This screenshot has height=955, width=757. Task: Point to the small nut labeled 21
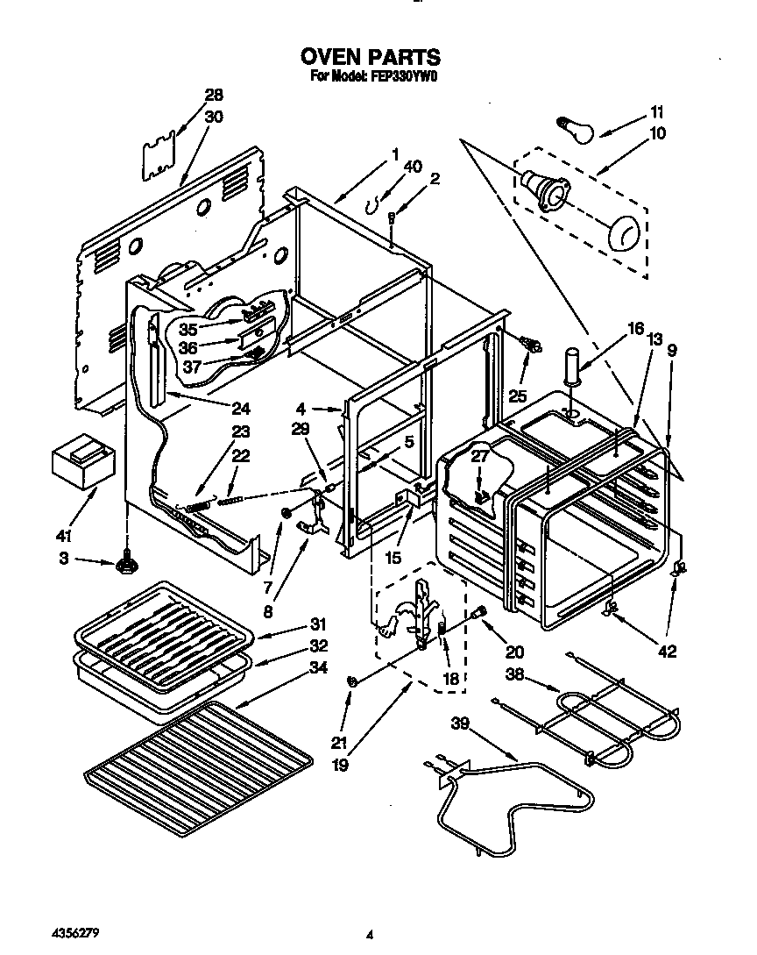[x=352, y=681]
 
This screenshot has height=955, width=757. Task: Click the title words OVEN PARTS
[x=371, y=57]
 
